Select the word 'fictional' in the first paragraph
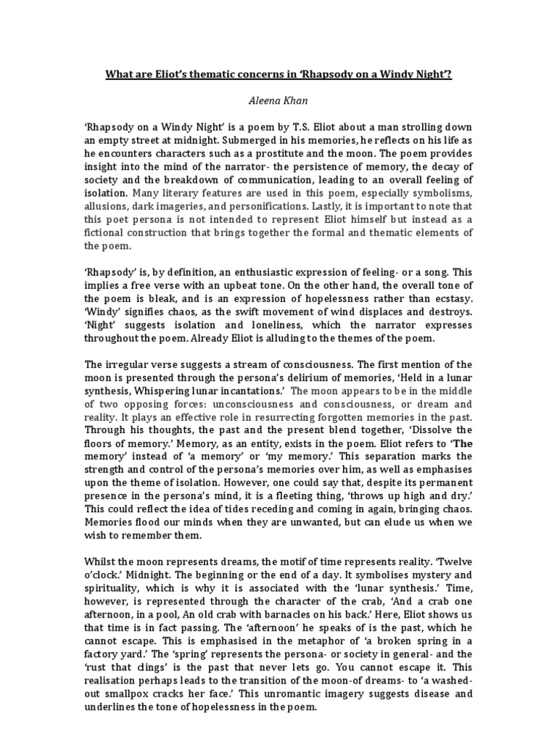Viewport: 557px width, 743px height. click(108, 233)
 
